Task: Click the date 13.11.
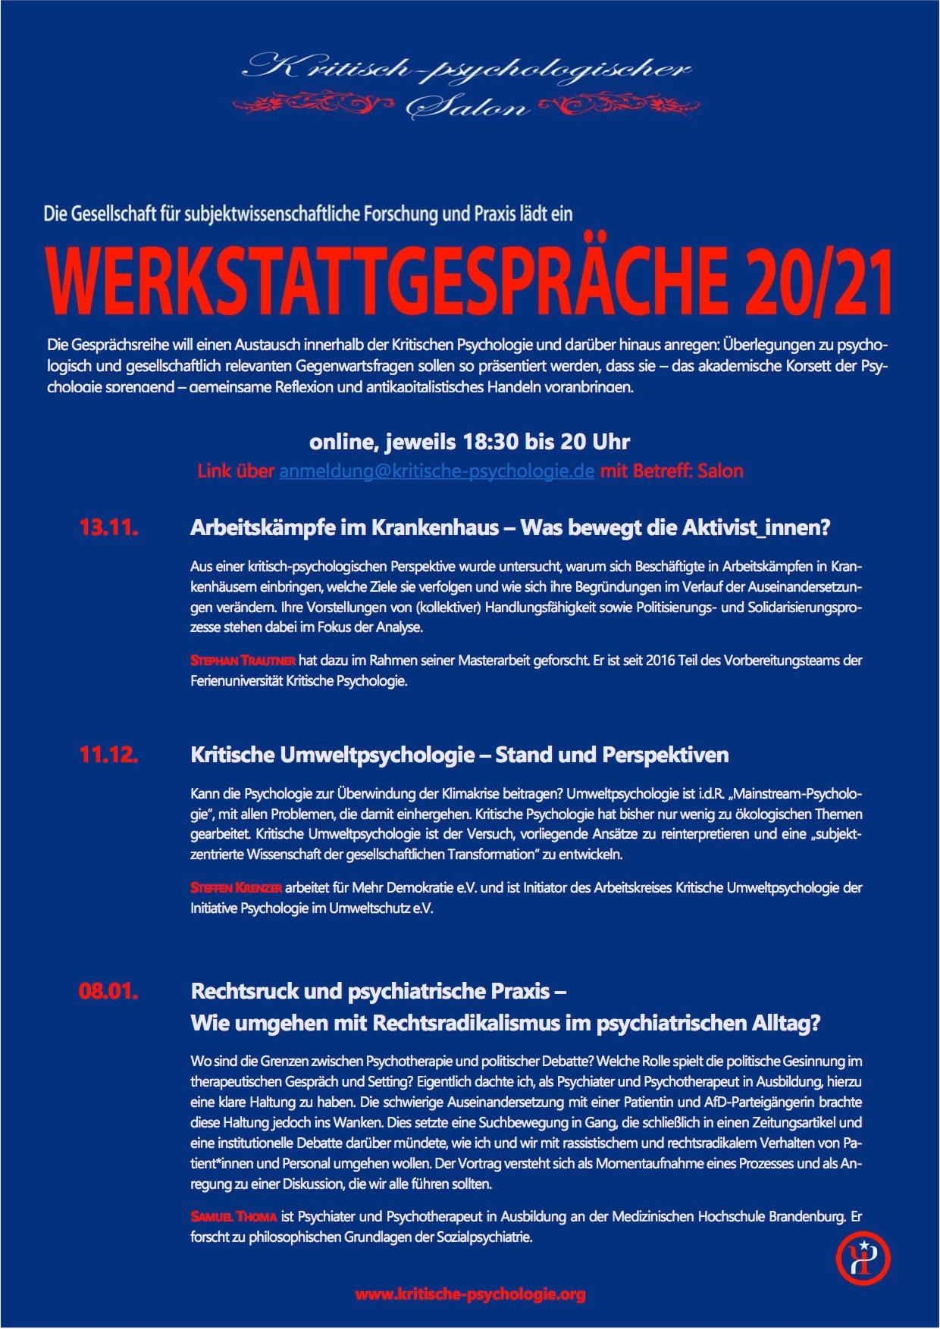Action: pyautogui.click(x=108, y=528)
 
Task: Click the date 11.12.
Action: pyautogui.click(x=108, y=755)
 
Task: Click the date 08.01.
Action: pyautogui.click(x=108, y=991)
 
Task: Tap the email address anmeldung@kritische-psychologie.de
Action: pyautogui.click(x=436, y=471)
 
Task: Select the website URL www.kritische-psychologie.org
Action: pyautogui.click(x=470, y=1294)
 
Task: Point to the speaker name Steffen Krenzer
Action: pyautogui.click(x=237, y=887)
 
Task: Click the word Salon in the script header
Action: pyautogui.click(x=468, y=107)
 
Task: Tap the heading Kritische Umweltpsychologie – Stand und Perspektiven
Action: pyautogui.click(x=459, y=755)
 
